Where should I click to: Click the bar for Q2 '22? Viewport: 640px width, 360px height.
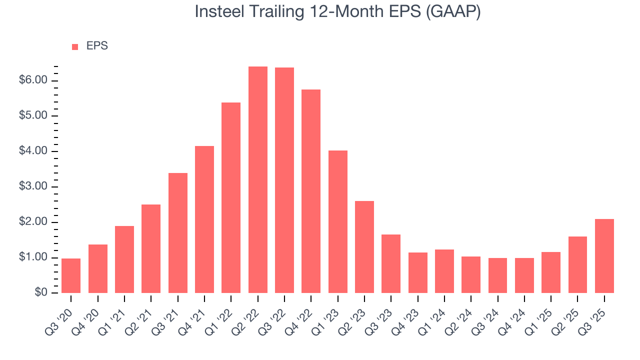[258, 180]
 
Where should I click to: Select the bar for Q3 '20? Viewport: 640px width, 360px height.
[71, 275]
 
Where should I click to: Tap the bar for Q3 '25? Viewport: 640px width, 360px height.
[604, 256]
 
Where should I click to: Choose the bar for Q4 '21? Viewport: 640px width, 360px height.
[204, 219]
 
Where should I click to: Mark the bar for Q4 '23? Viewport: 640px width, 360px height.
[418, 272]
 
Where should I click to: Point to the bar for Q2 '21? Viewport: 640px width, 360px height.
[151, 248]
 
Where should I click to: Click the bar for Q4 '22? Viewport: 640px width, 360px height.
[311, 191]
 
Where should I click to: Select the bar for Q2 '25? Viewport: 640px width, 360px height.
[577, 264]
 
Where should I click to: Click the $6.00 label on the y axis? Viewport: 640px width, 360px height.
[33, 80]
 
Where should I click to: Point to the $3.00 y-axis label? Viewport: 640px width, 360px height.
[33, 187]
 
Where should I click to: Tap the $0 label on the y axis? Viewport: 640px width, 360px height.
[40, 293]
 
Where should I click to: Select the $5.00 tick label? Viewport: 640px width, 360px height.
[33, 116]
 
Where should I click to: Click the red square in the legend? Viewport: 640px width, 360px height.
[75, 46]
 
